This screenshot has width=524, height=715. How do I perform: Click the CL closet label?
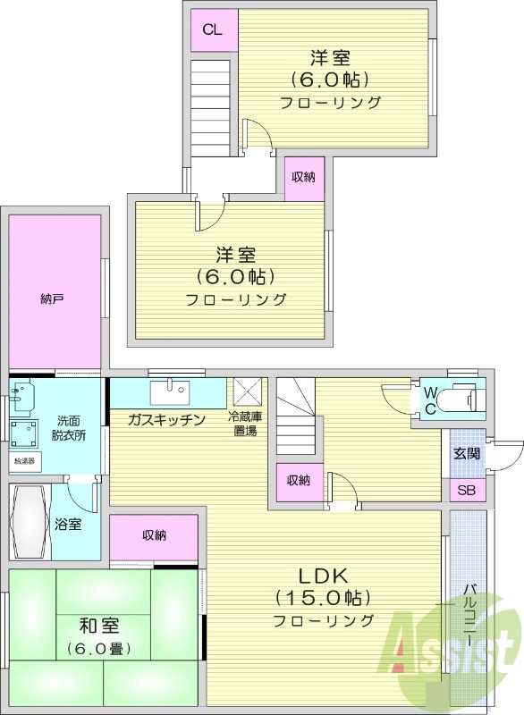tap(212, 29)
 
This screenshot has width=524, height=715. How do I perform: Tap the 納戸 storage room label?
tap(52, 299)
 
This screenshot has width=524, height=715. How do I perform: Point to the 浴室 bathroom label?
tap(68, 524)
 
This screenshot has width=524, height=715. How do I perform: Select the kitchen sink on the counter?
tap(167, 391)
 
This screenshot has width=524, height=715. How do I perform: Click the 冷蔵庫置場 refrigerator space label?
tap(246, 425)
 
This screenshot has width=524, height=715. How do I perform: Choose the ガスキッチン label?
tap(166, 419)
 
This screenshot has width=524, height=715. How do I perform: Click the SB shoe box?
tap(467, 491)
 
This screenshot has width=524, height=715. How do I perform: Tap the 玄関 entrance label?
tap(466, 453)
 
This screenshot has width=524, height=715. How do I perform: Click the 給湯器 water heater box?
tap(24, 461)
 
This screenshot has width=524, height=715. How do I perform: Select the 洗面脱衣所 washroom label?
tap(71, 428)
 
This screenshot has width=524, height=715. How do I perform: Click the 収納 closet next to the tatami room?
tap(154, 536)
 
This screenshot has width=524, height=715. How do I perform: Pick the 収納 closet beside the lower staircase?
tap(298, 481)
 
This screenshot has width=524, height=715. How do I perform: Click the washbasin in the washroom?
tap(23, 397)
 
